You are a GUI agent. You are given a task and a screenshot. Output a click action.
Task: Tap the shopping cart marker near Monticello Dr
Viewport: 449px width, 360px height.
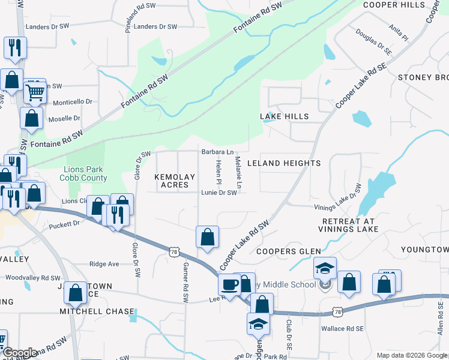(35, 92)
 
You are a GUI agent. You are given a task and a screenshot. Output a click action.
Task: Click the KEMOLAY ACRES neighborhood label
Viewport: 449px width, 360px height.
(175, 181)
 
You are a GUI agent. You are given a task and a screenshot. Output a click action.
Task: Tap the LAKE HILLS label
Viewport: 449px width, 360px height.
(284, 116)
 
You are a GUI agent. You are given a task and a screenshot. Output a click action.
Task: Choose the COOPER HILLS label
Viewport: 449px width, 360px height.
(394, 5)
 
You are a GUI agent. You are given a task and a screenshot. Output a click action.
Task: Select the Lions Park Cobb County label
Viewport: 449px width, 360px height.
(84, 173)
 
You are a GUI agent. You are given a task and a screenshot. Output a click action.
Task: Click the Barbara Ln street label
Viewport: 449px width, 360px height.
(217, 152)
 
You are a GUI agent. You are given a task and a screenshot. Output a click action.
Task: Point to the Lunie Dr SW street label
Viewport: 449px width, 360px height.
(219, 193)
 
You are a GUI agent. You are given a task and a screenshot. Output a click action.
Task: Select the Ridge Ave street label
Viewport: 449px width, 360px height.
(104, 264)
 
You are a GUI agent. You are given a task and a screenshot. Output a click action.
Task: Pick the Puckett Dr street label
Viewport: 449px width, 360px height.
(64, 223)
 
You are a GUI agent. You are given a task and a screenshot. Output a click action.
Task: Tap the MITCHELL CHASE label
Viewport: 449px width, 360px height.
(97, 311)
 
